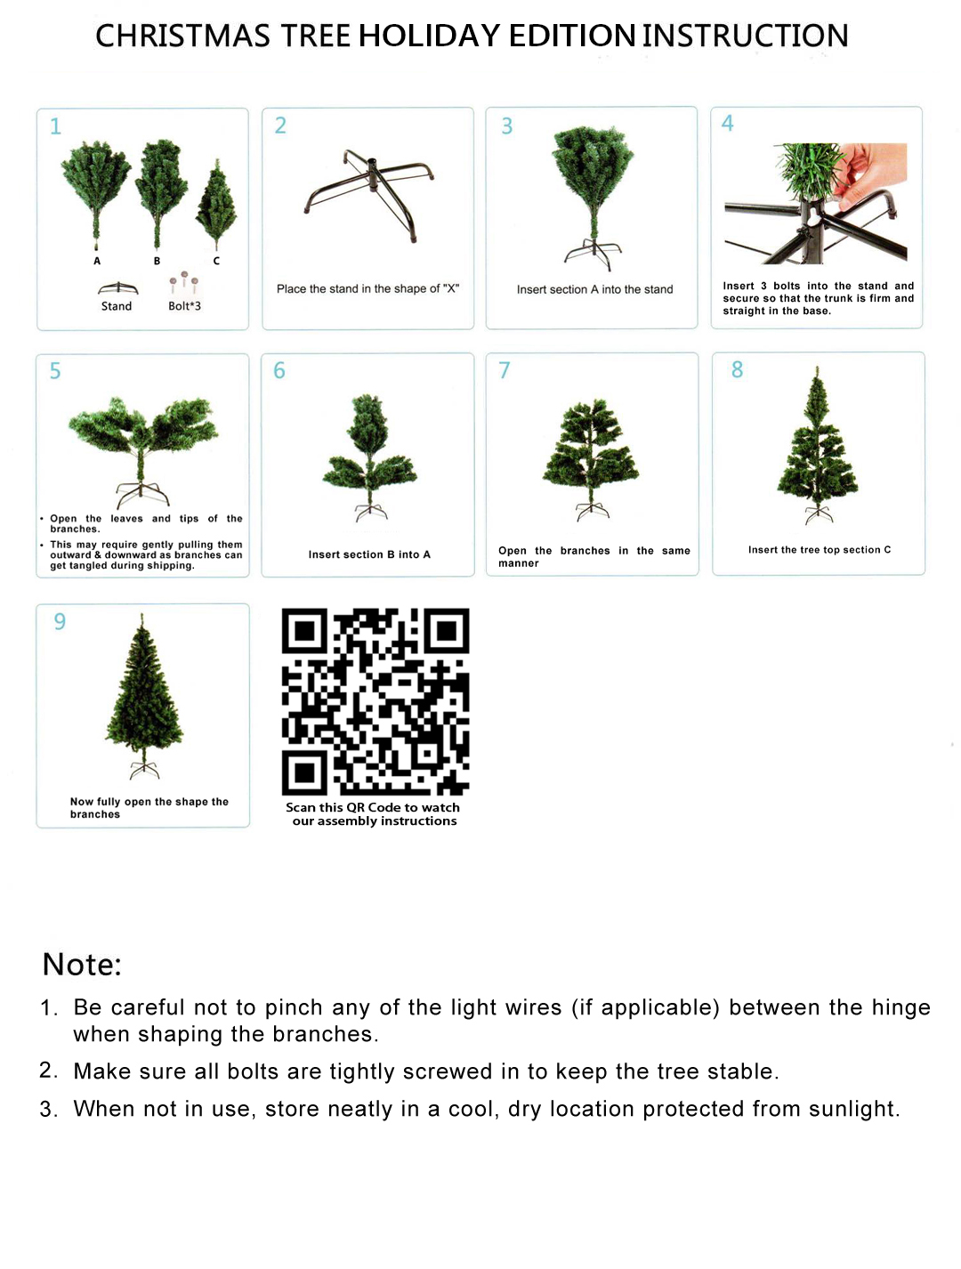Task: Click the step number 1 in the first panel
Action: point(55,126)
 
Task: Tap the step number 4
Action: point(727,124)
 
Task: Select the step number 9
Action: point(60,621)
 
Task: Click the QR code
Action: point(375,701)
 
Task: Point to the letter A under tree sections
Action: point(97,261)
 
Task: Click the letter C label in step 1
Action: point(216,261)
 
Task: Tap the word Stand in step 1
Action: point(117,306)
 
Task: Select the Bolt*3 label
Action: point(184,306)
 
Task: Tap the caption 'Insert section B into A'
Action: point(369,554)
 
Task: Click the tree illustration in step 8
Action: point(818,445)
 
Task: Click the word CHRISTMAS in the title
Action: point(182,36)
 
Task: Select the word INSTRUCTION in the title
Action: point(745,36)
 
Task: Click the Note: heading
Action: point(82,965)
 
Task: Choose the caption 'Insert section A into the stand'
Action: point(594,289)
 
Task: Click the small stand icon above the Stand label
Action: point(117,287)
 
